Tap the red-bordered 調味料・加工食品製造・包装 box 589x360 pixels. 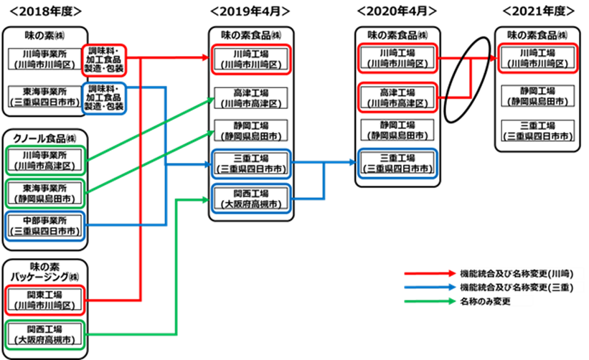[104, 59]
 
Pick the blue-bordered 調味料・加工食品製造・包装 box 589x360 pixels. [104, 97]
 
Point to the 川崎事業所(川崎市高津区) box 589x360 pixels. [44, 159]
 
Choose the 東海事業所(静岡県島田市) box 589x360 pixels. [44, 192]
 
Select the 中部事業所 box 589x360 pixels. [44, 225]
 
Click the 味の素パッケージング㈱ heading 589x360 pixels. [44, 271]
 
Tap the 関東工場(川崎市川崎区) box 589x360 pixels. [44, 299]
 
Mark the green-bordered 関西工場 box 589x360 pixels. [44, 335]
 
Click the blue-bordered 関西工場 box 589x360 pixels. [251, 198]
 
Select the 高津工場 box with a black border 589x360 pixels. [251, 98]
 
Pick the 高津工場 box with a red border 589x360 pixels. [397, 97]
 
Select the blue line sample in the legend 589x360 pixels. [430, 287]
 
